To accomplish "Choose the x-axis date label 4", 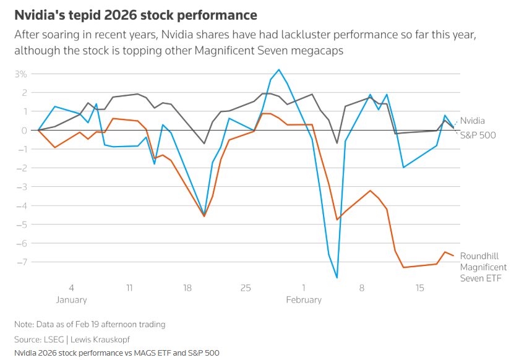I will coord(71,288).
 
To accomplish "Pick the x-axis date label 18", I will coord(187,288).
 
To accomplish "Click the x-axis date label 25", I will coord(246,288).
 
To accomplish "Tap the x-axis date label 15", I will coord(420,288).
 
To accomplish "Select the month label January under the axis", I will coord(71,300).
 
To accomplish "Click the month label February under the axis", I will coord(304,300).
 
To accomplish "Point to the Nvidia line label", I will coord(473,121).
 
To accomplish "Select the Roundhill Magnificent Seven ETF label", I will coord(483,267).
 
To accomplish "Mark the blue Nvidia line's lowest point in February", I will coord(337,278).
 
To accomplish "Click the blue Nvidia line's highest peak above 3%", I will coord(279,69).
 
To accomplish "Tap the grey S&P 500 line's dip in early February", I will coord(337,143).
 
